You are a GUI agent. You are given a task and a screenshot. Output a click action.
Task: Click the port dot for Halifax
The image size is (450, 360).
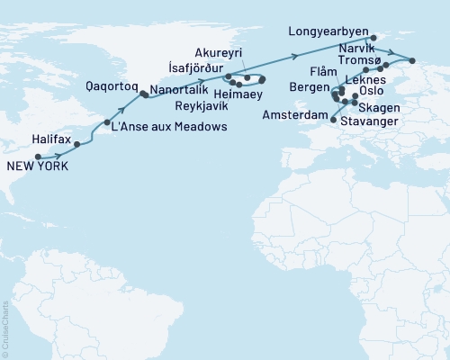click(x=77, y=144)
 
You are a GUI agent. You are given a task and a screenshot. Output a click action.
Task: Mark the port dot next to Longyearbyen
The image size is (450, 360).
click(x=373, y=37)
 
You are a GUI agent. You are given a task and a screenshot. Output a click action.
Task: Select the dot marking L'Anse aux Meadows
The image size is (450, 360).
click(x=107, y=122)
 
